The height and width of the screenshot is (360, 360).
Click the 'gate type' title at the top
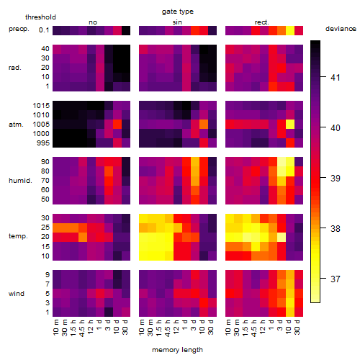(178, 12)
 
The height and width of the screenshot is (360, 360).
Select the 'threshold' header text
(40, 17)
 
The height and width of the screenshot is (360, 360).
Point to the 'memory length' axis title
(177, 350)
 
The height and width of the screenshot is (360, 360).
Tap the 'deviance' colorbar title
(341, 29)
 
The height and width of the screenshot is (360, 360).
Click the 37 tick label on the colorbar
(336, 279)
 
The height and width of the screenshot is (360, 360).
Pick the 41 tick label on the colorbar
(336, 77)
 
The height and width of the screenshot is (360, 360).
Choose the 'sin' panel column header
(177, 22)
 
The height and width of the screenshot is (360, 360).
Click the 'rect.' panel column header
(262, 22)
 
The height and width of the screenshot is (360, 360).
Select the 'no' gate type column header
(93, 22)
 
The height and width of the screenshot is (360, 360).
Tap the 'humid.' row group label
(20, 181)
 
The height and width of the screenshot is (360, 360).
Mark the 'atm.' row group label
(16, 125)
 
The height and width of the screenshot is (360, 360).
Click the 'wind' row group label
(17, 294)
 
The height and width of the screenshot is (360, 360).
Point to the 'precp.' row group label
(19, 29)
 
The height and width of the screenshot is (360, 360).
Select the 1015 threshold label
(41, 106)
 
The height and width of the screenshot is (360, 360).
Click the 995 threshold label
(43, 143)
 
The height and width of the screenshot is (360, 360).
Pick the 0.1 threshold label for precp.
(44, 30)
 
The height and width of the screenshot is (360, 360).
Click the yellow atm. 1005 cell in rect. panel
(290, 125)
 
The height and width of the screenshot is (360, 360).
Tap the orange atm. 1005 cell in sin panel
(204, 125)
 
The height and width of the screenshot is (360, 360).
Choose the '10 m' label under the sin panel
(142, 328)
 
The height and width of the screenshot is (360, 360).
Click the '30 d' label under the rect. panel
(297, 328)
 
